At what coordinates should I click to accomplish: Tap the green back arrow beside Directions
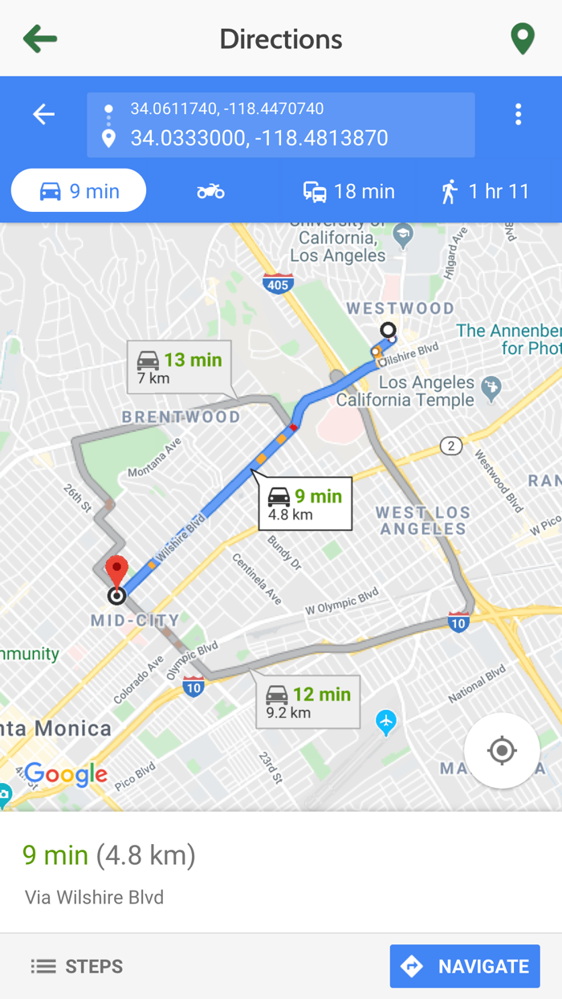point(40,39)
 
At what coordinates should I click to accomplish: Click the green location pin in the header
point(523,39)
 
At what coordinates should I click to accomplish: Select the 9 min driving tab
point(79,191)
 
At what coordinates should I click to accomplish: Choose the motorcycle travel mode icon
point(210,191)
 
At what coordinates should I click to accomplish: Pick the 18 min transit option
point(349,191)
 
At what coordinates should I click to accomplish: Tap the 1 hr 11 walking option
point(486,191)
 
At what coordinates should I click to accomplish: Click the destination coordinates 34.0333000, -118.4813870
point(259,138)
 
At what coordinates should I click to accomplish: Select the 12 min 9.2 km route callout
point(308,702)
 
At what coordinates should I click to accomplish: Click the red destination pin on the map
point(117,572)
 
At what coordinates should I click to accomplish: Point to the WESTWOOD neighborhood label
point(400,308)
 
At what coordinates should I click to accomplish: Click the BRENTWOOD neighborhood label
point(181,417)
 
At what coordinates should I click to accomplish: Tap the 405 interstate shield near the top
point(277,283)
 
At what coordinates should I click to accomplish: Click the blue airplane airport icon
point(386,722)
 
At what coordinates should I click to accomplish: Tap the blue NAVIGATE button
point(465,966)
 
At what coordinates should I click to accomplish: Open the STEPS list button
point(77,966)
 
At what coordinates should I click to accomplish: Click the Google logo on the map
point(66,774)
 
